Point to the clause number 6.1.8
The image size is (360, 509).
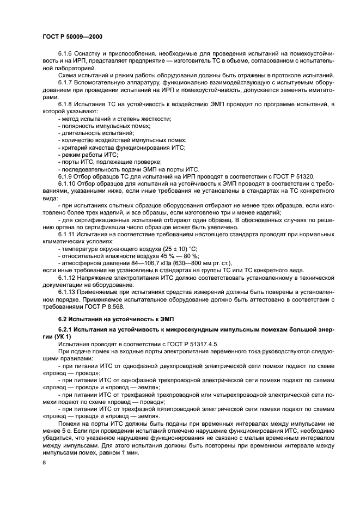coord(66,103)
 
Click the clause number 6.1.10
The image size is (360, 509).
coord(68,183)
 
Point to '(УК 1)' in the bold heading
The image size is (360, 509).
coord(56,337)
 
